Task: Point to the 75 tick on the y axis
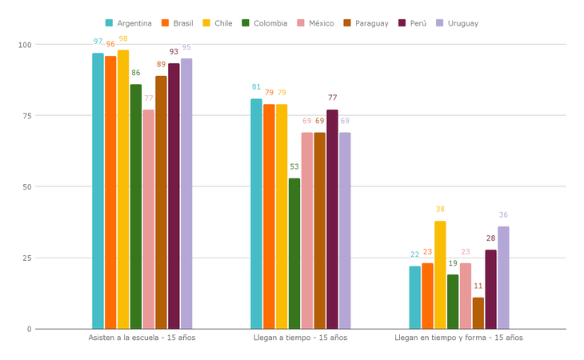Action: [26, 116]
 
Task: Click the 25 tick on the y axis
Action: [26, 258]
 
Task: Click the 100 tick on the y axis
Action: [24, 45]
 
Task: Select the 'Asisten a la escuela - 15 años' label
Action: [142, 338]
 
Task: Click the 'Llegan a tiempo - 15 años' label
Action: [300, 338]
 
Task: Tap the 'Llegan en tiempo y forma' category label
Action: [458, 338]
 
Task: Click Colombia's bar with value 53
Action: [294, 254]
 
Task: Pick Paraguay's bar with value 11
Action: [478, 313]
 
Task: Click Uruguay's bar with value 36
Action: [503, 278]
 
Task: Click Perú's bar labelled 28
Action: [490, 289]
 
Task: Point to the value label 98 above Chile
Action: [123, 39]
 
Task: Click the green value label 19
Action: [453, 263]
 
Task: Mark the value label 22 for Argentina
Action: [414, 255]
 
